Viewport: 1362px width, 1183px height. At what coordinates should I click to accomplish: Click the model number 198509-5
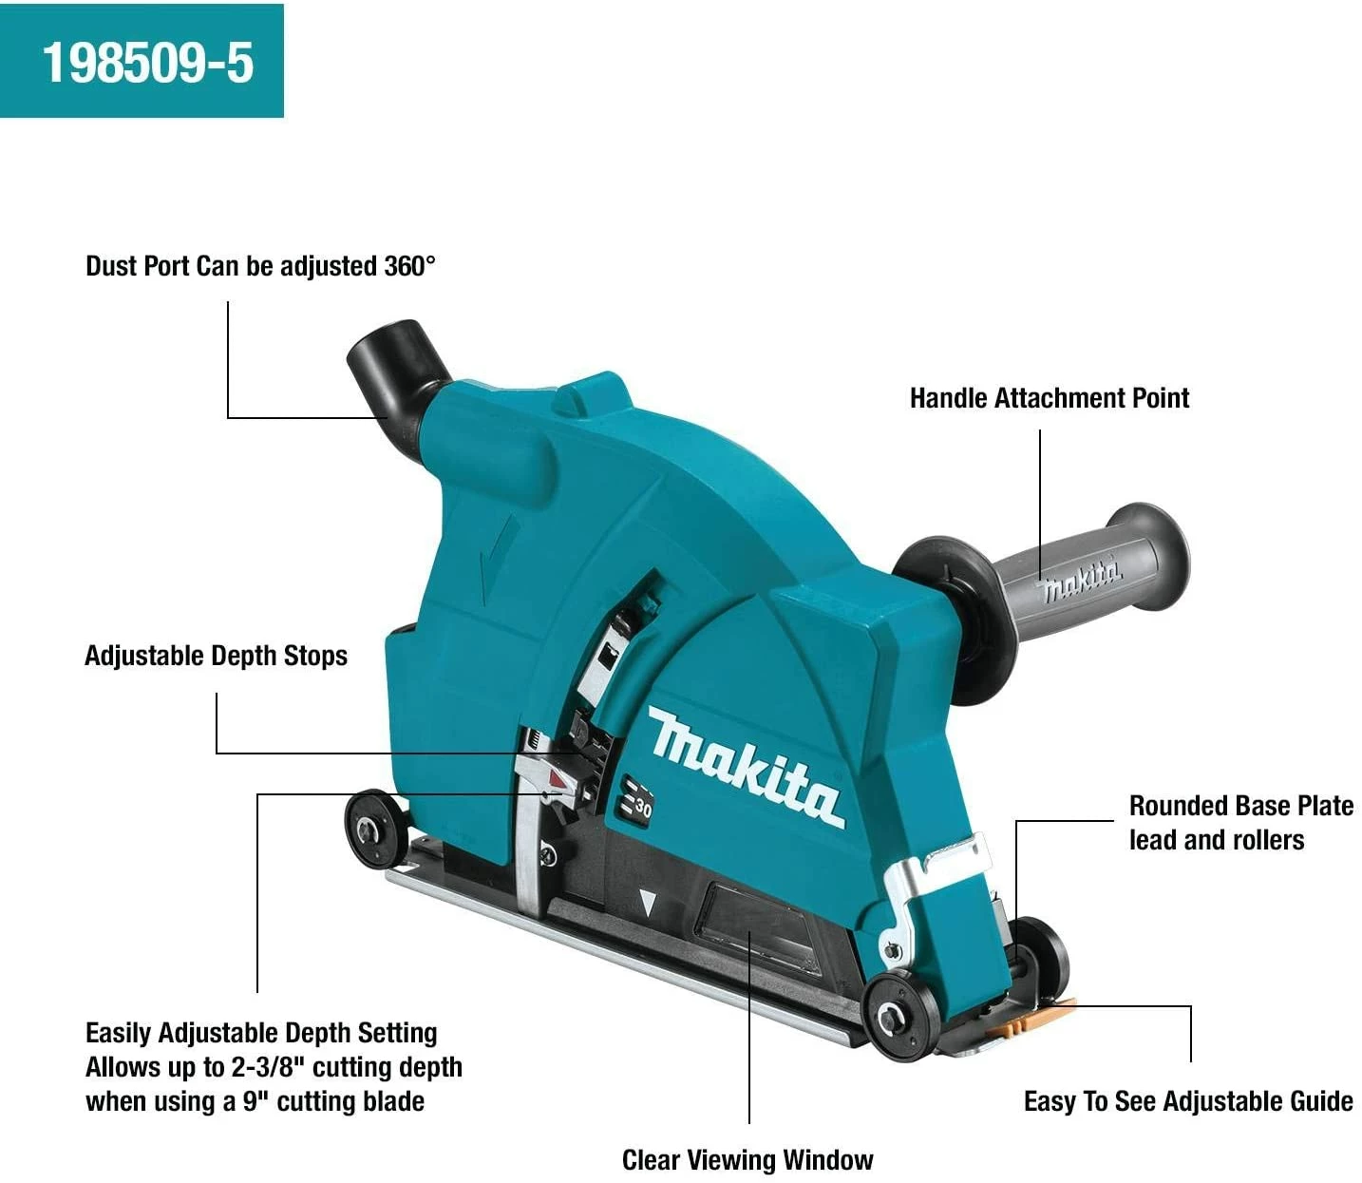(x=148, y=63)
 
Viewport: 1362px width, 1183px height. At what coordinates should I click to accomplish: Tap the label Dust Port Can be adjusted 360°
(x=260, y=266)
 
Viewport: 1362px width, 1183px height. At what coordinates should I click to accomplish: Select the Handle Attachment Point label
(x=1050, y=398)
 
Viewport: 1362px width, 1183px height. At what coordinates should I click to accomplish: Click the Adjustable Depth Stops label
(x=216, y=656)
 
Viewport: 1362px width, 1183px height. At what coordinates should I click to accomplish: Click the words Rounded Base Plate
(x=1240, y=806)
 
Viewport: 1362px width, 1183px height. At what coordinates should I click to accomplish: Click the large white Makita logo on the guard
(x=746, y=767)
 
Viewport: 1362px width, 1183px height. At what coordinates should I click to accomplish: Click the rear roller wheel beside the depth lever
(x=375, y=829)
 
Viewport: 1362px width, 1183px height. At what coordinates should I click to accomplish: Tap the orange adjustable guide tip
(x=1029, y=1019)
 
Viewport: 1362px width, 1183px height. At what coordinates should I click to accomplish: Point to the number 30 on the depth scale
(x=642, y=809)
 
